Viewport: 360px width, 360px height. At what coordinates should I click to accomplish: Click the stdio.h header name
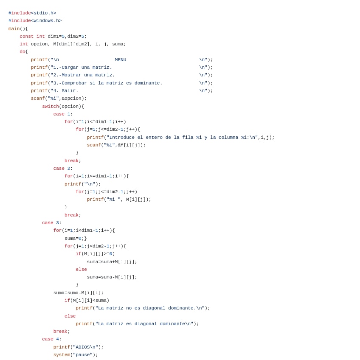coord(43,13)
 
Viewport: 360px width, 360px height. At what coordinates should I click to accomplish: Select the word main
coord(14,29)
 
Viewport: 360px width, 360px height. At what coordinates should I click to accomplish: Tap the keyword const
coord(26,37)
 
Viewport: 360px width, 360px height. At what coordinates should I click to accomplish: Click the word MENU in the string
coord(121,60)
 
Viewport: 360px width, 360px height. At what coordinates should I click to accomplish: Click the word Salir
coord(70,91)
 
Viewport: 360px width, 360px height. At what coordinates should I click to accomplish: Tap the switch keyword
coord(50,107)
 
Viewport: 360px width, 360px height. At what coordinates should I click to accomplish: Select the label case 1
coord(62,114)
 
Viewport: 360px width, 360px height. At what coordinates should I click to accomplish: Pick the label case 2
coord(62,169)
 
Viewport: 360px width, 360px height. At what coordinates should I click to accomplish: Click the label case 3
coord(51,223)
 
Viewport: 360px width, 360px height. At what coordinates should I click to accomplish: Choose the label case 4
coord(51,339)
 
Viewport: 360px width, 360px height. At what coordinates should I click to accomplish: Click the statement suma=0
coord(73,239)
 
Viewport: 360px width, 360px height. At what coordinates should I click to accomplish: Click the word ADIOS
coord(81,347)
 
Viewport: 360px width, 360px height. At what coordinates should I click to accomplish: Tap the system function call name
coord(62,355)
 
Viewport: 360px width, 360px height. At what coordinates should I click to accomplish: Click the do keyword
coord(22,52)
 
